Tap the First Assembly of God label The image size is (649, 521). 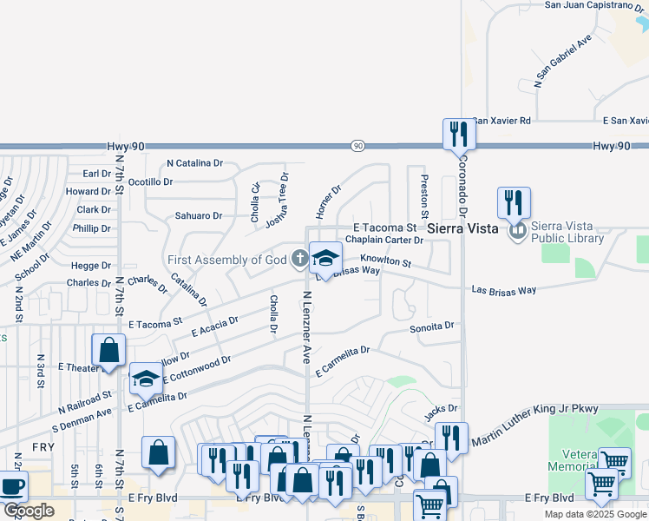tap(227, 259)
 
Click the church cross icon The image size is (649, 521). tap(299, 258)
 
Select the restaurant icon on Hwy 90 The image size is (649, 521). tap(458, 134)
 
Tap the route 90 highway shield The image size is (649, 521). tap(357, 146)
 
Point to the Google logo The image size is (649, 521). tap(28, 511)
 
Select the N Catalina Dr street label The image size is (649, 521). tap(194, 162)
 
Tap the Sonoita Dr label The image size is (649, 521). tap(432, 327)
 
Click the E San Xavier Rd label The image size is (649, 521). tap(626, 121)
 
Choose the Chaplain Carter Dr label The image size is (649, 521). tap(383, 240)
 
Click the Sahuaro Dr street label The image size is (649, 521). tap(199, 215)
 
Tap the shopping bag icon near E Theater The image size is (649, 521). tap(110, 351)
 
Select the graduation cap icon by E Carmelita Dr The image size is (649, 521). tap(146, 377)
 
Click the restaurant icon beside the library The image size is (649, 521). tap(514, 202)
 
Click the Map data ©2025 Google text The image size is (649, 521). tap(595, 514)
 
